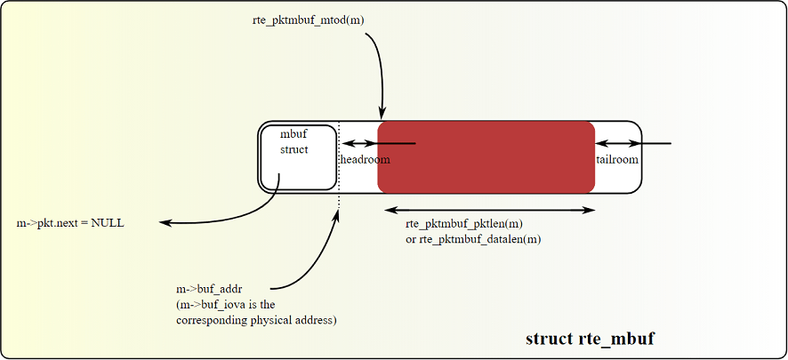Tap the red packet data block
[486, 156]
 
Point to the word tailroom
[617, 159]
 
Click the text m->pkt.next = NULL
[71, 222]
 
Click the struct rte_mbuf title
[591, 339]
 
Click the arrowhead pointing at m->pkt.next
[164, 222]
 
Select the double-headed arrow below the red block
[489, 210]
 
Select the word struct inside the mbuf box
[294, 149]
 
